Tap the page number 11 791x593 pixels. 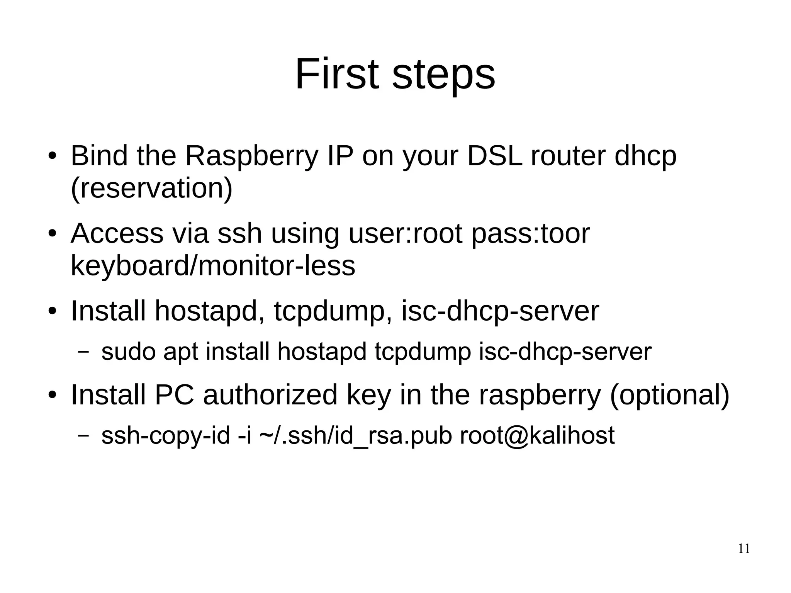743,549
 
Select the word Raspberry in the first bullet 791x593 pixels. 252,156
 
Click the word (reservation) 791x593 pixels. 152,189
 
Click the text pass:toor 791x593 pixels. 530,234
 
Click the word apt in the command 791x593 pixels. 180,352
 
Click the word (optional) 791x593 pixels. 669,396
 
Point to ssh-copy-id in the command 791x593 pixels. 165,436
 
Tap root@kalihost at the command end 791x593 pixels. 537,435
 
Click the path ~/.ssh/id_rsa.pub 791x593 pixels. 355,436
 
